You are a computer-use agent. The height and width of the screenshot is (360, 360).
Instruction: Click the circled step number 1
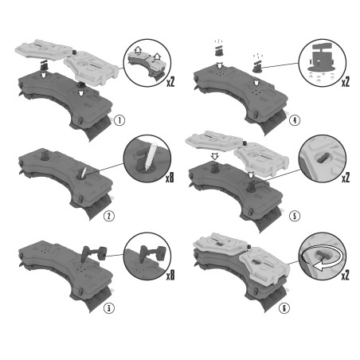coord(119,120)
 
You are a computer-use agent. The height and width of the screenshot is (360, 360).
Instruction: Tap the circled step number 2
coord(109,216)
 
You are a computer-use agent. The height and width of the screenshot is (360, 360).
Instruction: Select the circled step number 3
coord(109,308)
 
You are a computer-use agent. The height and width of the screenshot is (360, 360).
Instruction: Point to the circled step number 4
coord(295,120)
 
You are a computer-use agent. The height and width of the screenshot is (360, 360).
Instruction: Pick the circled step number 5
coord(295,216)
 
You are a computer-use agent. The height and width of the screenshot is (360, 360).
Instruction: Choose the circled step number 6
coord(284,308)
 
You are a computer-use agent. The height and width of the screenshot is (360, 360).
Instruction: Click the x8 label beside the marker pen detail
coord(170,177)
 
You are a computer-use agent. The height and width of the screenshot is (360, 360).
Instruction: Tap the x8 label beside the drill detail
coord(170,275)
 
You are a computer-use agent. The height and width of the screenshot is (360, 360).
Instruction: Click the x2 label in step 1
coord(170,81)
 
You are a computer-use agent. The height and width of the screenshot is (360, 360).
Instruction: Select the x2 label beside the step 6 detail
coord(345,275)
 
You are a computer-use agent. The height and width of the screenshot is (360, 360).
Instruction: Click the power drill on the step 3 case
coord(93,253)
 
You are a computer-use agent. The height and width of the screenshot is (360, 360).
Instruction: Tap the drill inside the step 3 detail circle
coord(152,253)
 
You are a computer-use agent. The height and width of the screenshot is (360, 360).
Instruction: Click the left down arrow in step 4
coord(220,65)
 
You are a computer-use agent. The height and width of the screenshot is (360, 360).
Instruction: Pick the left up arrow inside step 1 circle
coord(138,50)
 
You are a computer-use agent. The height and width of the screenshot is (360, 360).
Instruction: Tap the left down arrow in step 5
coord(214,156)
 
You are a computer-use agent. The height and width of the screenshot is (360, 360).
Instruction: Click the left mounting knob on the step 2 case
coord(44,155)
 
